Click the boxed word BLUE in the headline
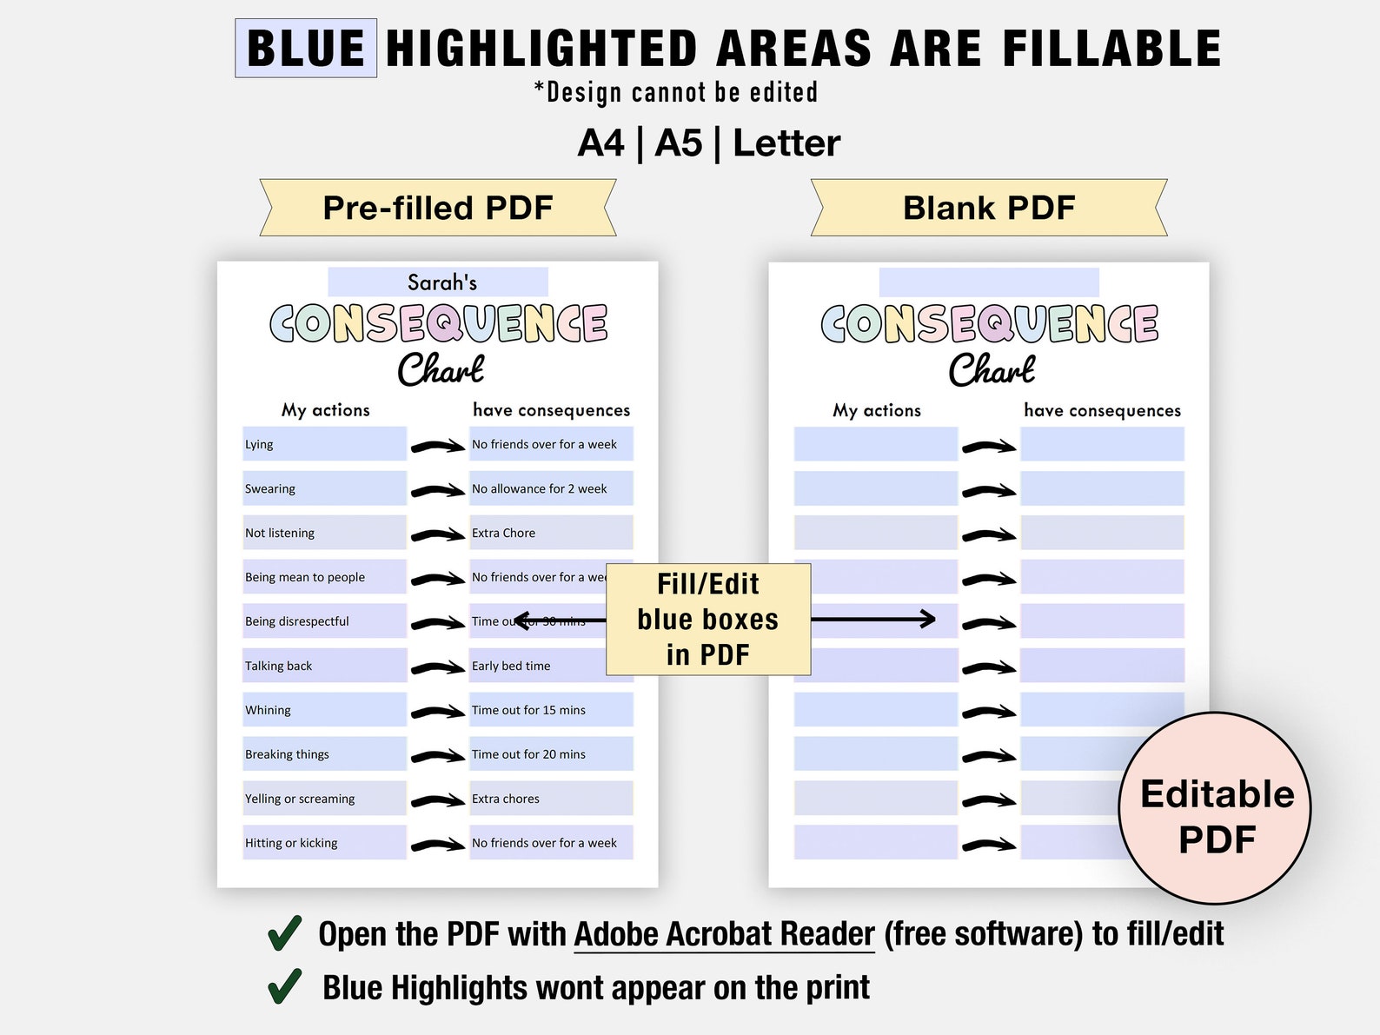pyautogui.click(x=306, y=49)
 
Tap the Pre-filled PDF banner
pyautogui.click(x=438, y=208)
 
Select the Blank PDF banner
pyautogui.click(x=989, y=208)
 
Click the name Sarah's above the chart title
pyautogui.click(x=441, y=282)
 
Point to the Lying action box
pyautogui.click(x=324, y=444)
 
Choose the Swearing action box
pyautogui.click(x=324, y=488)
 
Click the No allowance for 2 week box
pyautogui.click(x=551, y=488)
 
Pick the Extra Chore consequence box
pyautogui.click(x=551, y=533)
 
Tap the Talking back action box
pyautogui.click(x=324, y=666)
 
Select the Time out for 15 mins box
pyautogui.click(x=551, y=710)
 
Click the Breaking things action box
pyautogui.click(x=324, y=754)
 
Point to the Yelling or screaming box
pyautogui.click(x=324, y=799)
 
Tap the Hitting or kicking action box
pyautogui.click(x=324, y=843)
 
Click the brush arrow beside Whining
pyautogui.click(x=437, y=712)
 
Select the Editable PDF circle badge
pyautogui.click(x=1215, y=808)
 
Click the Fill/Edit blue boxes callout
pyautogui.click(x=708, y=619)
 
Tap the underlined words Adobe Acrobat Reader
pyautogui.click(x=724, y=934)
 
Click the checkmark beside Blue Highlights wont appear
pyautogui.click(x=285, y=986)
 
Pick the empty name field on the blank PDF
pyautogui.click(x=989, y=282)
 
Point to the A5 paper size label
pyautogui.click(x=678, y=143)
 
